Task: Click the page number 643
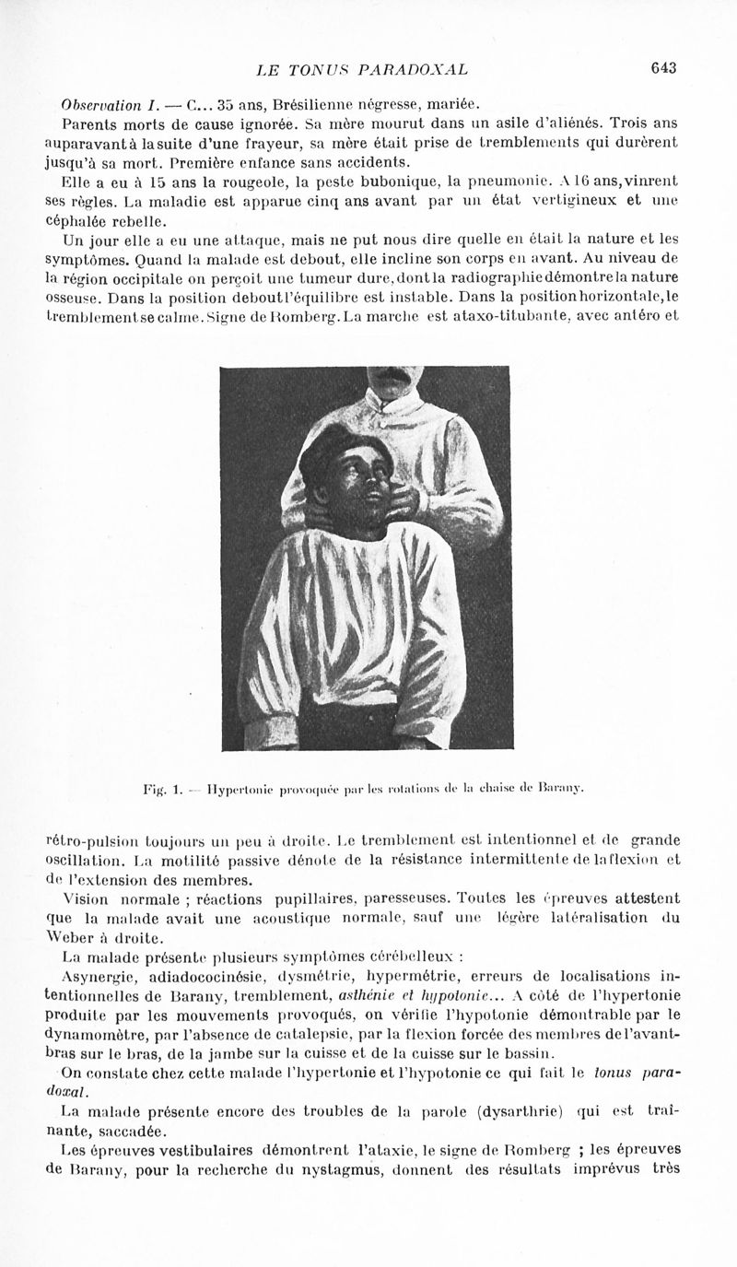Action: (x=663, y=67)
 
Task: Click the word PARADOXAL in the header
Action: (x=416, y=68)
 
